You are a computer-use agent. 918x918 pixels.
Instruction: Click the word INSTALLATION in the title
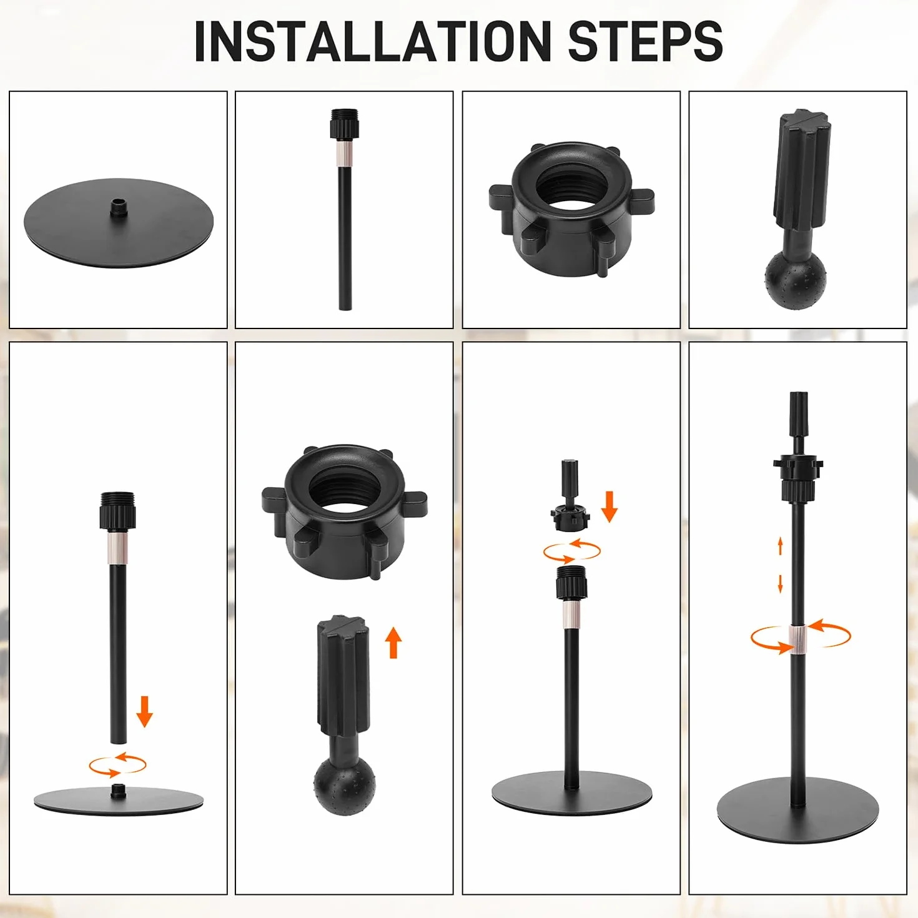[x=373, y=41]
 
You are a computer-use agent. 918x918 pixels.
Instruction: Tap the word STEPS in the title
[x=646, y=41]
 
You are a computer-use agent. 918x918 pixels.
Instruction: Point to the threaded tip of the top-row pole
[x=345, y=114]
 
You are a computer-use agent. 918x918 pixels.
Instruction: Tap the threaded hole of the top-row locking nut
[x=571, y=190]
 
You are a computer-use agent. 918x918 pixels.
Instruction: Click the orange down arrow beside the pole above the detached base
[x=144, y=711]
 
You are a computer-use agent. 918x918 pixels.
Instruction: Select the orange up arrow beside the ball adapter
[x=393, y=643]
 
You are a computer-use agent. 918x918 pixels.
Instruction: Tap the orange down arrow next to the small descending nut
[x=610, y=507]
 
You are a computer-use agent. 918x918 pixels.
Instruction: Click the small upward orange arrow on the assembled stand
[x=781, y=546]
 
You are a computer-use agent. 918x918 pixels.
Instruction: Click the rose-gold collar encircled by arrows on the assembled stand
[x=797, y=639]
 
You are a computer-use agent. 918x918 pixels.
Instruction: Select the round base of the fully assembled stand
[x=797, y=819]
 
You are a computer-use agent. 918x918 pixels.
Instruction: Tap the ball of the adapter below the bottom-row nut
[x=345, y=786]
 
